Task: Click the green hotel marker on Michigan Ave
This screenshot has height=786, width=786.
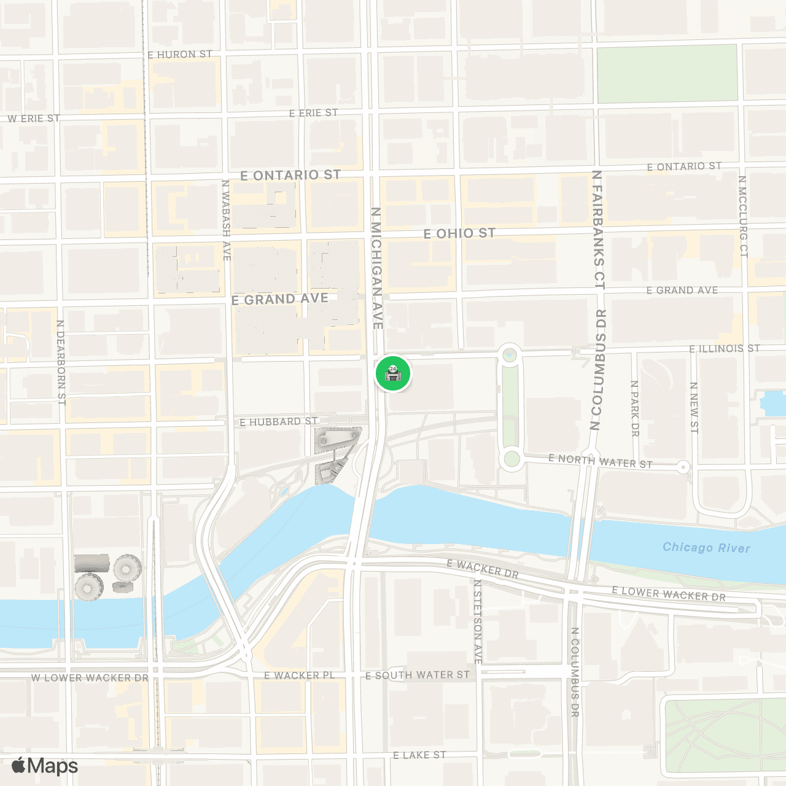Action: (393, 373)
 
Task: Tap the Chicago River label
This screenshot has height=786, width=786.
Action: (706, 547)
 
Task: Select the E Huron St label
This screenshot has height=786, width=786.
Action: (180, 55)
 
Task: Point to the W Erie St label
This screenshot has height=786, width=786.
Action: (34, 119)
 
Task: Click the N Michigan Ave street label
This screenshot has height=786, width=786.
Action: (376, 268)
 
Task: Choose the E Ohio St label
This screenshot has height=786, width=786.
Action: (459, 233)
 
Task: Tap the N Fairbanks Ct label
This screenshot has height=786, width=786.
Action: (598, 230)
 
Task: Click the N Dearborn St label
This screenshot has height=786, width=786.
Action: (61, 362)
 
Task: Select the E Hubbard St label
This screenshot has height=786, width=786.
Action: (279, 422)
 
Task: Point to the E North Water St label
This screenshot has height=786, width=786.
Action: (600, 461)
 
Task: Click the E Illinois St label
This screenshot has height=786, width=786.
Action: (725, 349)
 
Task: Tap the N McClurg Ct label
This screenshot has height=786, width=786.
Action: (743, 216)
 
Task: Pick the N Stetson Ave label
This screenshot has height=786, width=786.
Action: (478, 621)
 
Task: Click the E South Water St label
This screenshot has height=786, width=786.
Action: (418, 675)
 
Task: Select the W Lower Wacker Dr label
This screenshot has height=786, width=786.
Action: (90, 678)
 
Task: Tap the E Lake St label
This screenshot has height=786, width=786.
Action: (419, 755)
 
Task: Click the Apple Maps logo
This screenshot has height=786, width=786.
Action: (45, 766)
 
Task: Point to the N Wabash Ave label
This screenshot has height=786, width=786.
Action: (226, 219)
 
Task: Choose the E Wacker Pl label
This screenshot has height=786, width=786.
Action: (300, 675)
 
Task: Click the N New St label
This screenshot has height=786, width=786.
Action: (694, 407)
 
